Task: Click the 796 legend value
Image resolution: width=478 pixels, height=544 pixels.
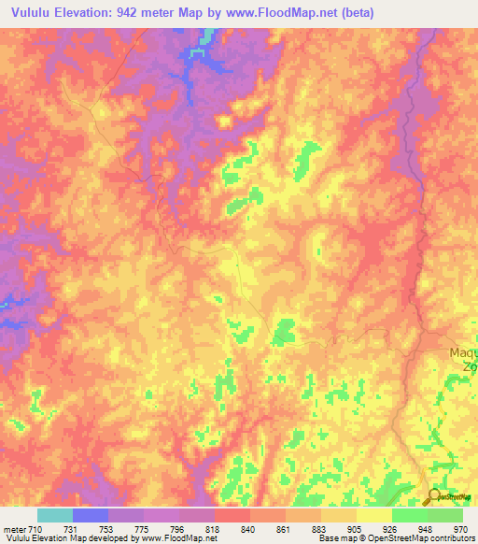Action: (177, 530)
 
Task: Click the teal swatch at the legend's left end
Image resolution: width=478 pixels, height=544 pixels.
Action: (54, 515)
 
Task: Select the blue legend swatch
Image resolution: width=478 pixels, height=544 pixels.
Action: (90, 515)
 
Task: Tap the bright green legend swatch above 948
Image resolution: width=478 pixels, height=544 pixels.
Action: (409, 515)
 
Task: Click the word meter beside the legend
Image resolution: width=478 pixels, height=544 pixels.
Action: (13, 530)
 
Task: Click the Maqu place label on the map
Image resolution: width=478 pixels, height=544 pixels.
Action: (463, 352)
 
